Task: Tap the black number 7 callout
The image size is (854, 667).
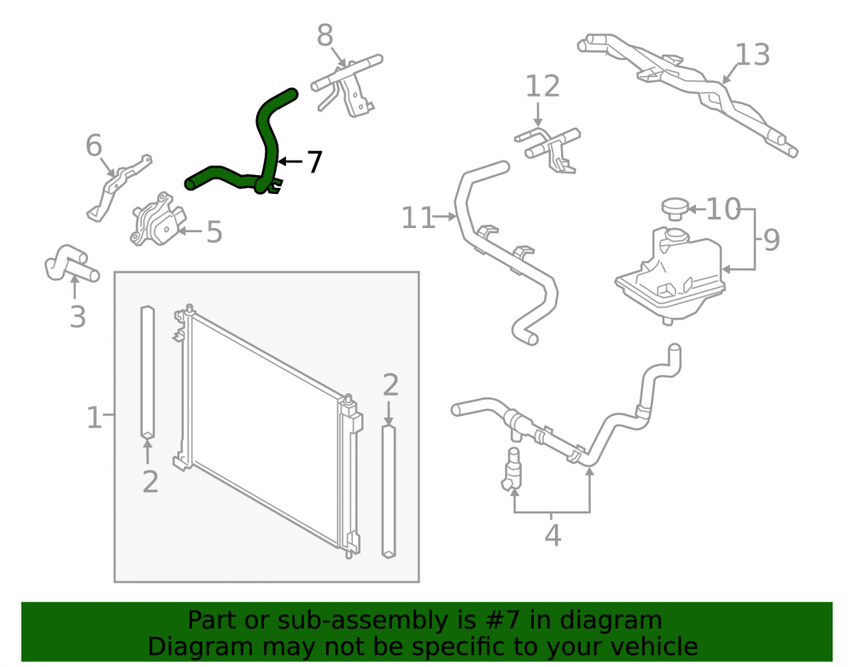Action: pos(314,161)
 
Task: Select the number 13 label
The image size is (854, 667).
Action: pos(752,55)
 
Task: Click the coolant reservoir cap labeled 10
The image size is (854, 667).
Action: pos(676,208)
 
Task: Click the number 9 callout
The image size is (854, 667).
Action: pos(771,240)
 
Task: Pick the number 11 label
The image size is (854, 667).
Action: pos(418,218)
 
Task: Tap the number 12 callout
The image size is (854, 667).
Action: pos(542,86)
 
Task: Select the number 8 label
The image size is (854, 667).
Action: pos(325,36)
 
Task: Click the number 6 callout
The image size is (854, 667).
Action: pos(94,145)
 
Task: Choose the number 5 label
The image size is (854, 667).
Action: pos(214,232)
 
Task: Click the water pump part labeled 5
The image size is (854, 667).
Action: pos(158,219)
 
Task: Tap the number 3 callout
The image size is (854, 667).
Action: pos(78,317)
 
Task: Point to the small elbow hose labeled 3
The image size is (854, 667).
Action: pos(71,263)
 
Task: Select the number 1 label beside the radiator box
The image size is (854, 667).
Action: pos(94,418)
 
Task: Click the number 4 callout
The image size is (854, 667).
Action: pos(553,535)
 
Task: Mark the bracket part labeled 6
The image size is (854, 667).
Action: pos(119,187)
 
